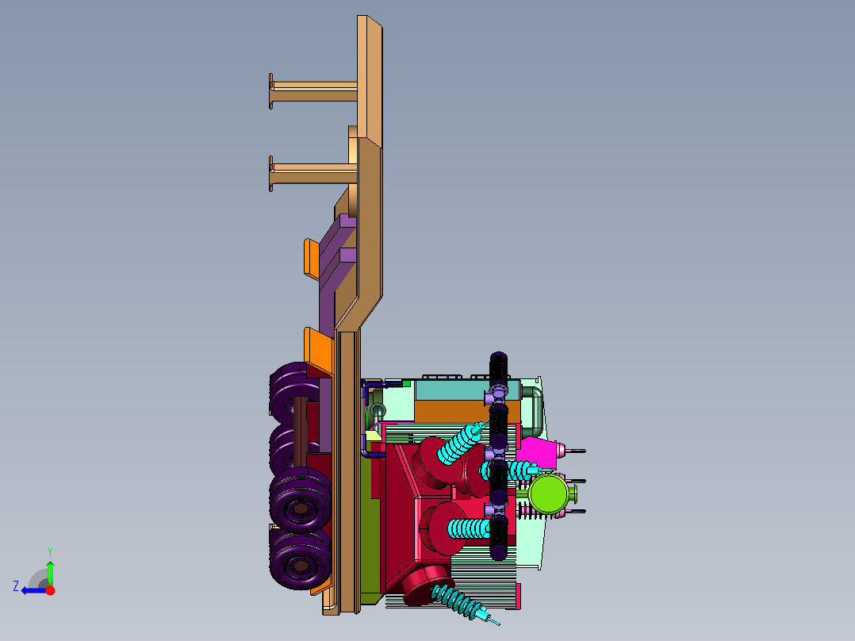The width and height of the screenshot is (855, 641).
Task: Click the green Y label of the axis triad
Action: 50,551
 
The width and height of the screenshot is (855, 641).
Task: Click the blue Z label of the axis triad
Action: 17,586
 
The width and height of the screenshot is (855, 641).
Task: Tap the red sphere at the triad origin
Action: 51,590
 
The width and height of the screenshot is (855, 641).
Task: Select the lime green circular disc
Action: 549,494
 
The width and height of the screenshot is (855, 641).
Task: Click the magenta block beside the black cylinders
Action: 536,451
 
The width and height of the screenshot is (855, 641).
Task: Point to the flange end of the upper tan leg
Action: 271,91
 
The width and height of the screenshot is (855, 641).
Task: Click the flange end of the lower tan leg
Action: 271,174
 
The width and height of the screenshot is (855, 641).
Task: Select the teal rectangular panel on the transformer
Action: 466,390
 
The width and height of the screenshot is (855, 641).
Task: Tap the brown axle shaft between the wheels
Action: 301,431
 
